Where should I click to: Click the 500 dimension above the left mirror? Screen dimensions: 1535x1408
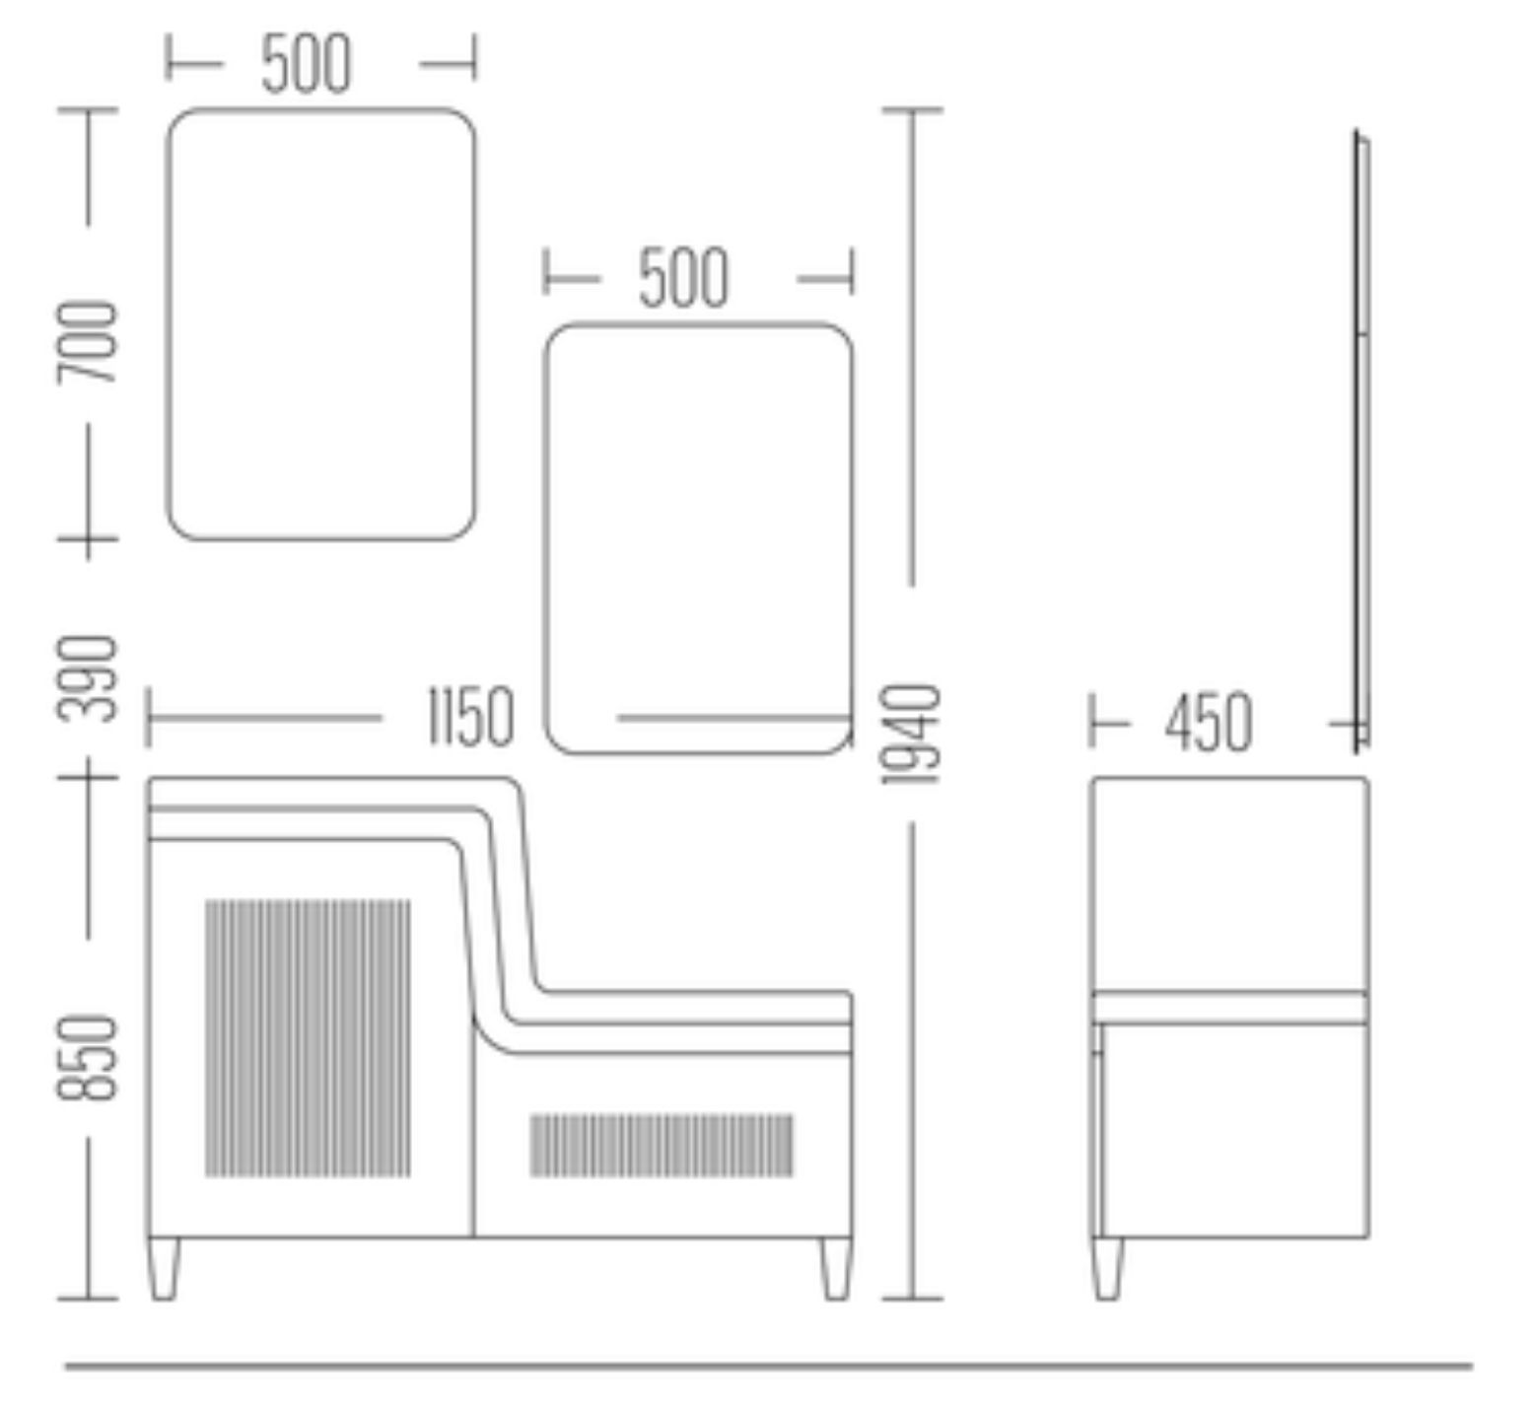(306, 65)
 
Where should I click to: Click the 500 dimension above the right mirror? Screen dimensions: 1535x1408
(683, 279)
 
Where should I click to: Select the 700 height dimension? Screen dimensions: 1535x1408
(88, 342)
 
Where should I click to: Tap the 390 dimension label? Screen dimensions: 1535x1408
(88, 679)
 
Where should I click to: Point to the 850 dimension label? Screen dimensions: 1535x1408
(88, 1057)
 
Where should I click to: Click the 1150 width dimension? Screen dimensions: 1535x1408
(470, 717)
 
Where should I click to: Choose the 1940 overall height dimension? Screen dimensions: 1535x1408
(912, 735)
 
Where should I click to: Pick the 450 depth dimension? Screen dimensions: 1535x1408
(1209, 723)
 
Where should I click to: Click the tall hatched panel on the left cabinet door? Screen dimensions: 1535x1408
(308, 1037)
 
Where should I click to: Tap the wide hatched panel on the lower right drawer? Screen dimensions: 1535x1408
(662, 1145)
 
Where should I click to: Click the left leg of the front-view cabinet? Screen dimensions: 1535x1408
(164, 1269)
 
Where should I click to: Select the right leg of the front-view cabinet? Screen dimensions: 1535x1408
(836, 1269)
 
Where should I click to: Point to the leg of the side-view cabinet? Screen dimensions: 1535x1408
(1107, 1269)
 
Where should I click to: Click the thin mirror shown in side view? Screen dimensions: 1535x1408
(1361, 441)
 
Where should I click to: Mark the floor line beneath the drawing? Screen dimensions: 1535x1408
(769, 1367)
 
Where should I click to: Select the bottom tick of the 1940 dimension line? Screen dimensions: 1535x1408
(912, 1299)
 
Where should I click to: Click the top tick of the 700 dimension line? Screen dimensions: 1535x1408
(88, 110)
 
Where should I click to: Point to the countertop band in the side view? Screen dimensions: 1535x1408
(1229, 1008)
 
